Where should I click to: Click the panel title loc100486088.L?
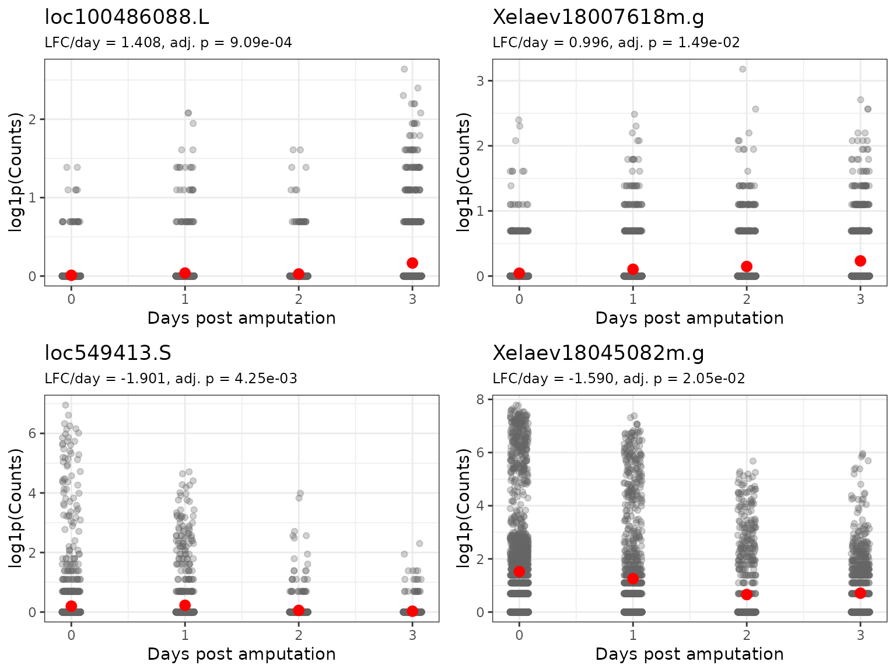(x=127, y=17)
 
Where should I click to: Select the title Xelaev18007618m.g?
(x=598, y=17)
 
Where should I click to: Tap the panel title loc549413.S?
(x=108, y=353)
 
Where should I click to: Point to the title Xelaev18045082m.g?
(x=598, y=353)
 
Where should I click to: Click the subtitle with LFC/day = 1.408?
(x=168, y=43)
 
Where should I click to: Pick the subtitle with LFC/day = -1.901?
(x=170, y=379)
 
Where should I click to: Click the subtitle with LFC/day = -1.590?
(x=618, y=379)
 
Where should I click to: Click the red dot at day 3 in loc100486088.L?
(x=412, y=263)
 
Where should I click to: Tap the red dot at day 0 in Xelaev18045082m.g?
(x=519, y=571)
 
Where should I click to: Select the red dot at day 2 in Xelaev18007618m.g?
(x=747, y=267)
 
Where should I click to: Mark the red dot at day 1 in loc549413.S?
(x=185, y=605)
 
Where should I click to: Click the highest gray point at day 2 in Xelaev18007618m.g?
(x=743, y=69)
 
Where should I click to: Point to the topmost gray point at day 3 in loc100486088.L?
(x=404, y=69)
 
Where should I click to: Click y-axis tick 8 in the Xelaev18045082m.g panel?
(x=480, y=400)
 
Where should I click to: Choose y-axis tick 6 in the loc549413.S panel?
(x=32, y=433)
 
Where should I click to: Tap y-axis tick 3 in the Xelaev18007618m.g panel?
(x=480, y=80)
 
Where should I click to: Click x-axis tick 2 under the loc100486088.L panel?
(x=299, y=299)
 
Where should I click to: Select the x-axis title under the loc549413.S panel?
(x=242, y=654)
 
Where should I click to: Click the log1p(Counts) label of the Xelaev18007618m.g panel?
(x=464, y=173)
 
